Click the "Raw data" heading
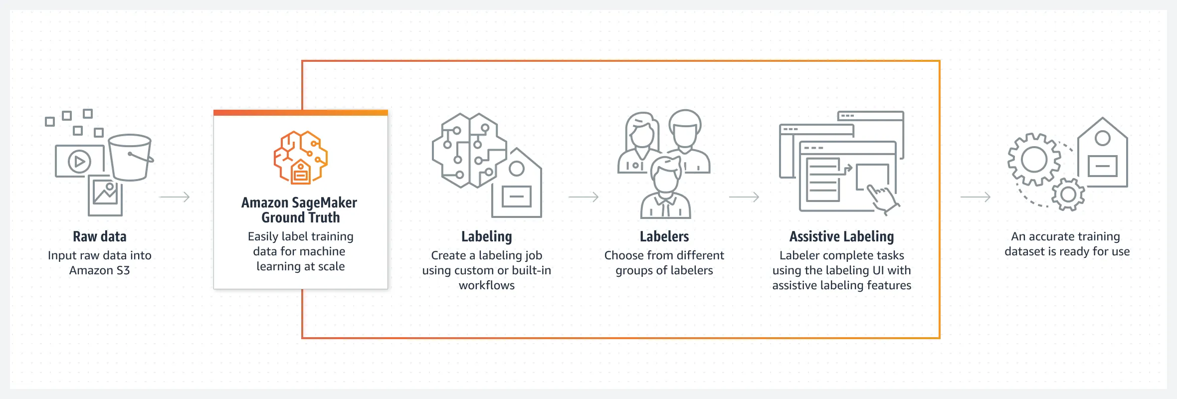point(100,236)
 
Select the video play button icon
point(79,162)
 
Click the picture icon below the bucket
point(105,195)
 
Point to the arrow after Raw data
point(175,197)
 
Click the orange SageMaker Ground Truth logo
point(301,157)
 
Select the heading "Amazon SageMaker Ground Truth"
point(300,210)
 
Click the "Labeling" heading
point(486,236)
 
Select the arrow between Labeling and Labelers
point(584,197)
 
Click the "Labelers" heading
point(664,236)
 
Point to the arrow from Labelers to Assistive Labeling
point(744,197)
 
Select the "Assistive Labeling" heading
point(841,236)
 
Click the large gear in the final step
point(1034,160)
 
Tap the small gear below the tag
point(1068,194)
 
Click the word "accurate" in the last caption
point(1054,236)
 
